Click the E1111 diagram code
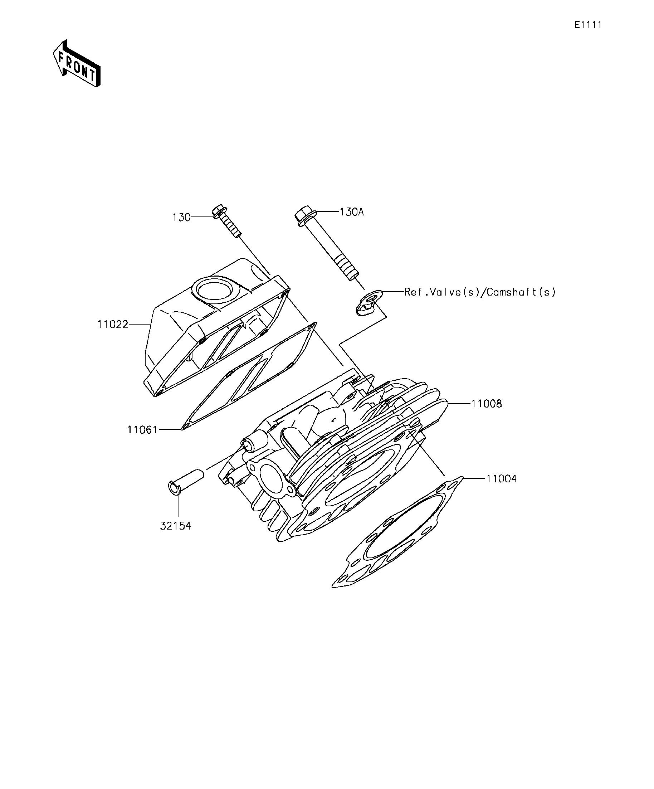pos(588,25)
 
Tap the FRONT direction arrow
pos(77,63)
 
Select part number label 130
pos(181,218)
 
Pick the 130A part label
pos(352,212)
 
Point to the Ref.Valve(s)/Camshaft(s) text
pos(480,292)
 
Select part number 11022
pos(113,324)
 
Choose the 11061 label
pos(142,429)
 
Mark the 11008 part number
pos(487,404)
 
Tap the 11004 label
pos(502,479)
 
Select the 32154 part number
pos(175,526)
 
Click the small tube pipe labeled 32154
pos(185,483)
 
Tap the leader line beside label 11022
pos(140,324)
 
